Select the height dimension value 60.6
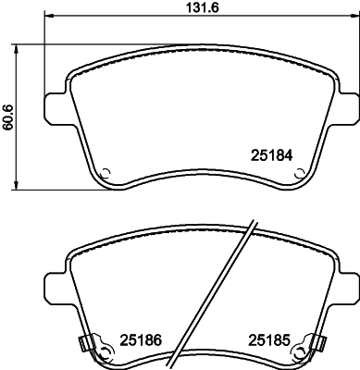pos(8,118)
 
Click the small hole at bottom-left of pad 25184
pos(106,172)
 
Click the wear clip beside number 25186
pos(86,346)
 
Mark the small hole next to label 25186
pos(106,351)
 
